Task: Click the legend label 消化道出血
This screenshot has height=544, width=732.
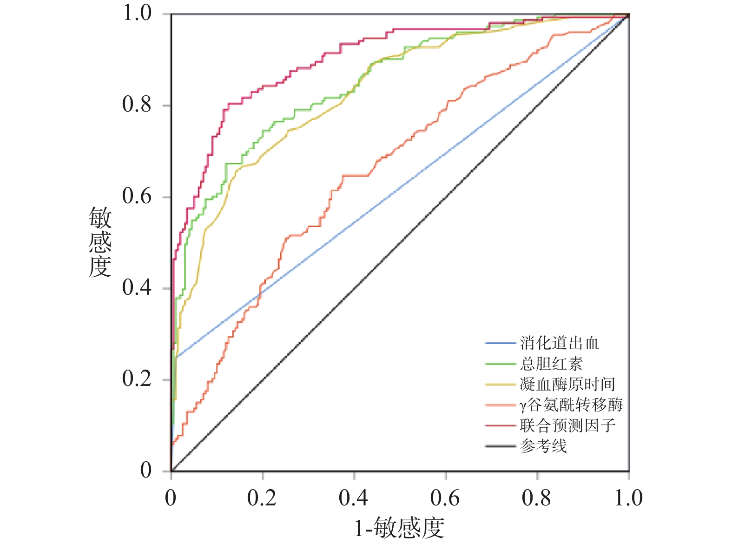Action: click(x=559, y=343)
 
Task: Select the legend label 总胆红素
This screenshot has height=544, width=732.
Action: click(x=551, y=364)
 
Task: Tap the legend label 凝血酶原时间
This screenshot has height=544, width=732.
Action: click(x=567, y=384)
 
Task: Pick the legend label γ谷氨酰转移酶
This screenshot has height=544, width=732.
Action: click(x=571, y=405)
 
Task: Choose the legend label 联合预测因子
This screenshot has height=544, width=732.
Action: click(x=567, y=425)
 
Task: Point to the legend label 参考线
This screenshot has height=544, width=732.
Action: click(x=543, y=446)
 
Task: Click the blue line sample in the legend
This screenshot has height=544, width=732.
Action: click(x=501, y=344)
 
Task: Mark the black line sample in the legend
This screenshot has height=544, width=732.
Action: click(x=501, y=446)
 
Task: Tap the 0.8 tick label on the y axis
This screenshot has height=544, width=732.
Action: click(x=137, y=105)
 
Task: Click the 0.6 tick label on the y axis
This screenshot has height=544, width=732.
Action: click(x=137, y=196)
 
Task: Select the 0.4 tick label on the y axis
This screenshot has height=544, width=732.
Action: click(x=137, y=288)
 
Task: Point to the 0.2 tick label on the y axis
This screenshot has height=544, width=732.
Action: click(x=137, y=379)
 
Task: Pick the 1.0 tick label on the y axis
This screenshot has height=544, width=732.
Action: click(x=137, y=13)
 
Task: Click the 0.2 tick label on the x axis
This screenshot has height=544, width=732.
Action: click(x=262, y=498)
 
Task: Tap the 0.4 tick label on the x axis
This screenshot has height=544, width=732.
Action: click(x=353, y=498)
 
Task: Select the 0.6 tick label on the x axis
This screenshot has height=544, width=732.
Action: click(x=445, y=498)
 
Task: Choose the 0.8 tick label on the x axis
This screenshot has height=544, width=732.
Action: click(x=536, y=498)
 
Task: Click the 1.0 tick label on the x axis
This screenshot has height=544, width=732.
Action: click(x=628, y=498)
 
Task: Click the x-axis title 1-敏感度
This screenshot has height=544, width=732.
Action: click(x=399, y=528)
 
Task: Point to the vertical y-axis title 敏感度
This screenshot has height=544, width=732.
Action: click(x=100, y=242)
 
